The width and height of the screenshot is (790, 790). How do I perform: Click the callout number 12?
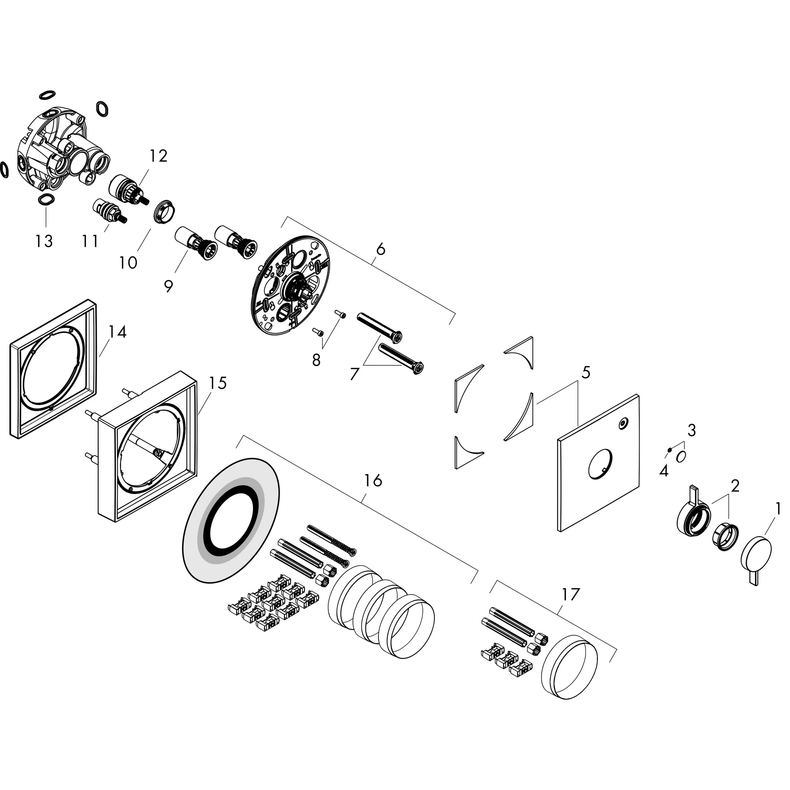pyautogui.click(x=158, y=156)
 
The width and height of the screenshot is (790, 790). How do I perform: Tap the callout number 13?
pyautogui.click(x=44, y=241)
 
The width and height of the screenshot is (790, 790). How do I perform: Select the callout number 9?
pyautogui.click(x=169, y=286)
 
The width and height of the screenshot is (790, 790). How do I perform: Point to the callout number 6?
pyautogui.click(x=381, y=249)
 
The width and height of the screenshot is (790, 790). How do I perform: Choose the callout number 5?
pyautogui.click(x=586, y=372)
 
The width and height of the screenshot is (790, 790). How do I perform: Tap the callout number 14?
pyautogui.click(x=118, y=331)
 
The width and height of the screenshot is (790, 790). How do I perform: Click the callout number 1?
pyautogui.click(x=778, y=509)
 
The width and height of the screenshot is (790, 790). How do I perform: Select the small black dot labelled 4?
pyautogui.click(x=669, y=450)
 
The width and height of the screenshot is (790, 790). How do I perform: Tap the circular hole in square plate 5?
pyautogui.click(x=600, y=464)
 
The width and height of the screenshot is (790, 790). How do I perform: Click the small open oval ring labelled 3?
pyautogui.click(x=681, y=457)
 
